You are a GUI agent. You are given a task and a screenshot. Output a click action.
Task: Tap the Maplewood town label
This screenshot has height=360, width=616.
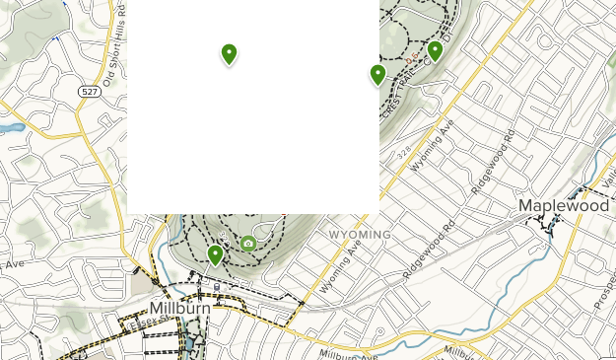(x=564, y=206)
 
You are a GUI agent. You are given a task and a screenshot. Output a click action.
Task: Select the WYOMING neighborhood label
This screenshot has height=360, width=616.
(x=360, y=235)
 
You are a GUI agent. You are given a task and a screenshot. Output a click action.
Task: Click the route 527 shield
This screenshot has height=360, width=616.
(x=88, y=90)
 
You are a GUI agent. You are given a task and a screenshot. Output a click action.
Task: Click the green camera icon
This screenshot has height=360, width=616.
(x=248, y=244)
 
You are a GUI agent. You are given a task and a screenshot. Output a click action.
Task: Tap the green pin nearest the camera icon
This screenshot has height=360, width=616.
(x=216, y=255)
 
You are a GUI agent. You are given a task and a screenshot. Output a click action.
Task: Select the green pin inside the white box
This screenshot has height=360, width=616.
(x=229, y=53)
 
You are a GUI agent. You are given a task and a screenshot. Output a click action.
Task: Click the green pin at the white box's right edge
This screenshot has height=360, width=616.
(x=377, y=74)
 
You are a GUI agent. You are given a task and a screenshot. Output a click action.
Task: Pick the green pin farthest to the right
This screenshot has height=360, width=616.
(x=435, y=51)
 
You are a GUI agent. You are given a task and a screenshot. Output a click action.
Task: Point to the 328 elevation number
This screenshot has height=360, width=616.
(x=403, y=154)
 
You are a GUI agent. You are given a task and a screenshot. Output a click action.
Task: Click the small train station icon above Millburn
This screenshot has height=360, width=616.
(x=217, y=287)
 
